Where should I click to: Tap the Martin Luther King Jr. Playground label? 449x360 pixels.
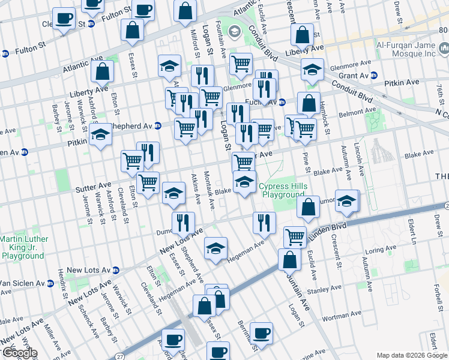point(22,247)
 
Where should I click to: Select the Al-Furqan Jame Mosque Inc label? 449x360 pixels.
point(413,49)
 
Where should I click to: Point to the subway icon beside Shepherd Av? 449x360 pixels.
point(157,126)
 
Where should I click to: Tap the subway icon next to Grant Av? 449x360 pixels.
point(373,76)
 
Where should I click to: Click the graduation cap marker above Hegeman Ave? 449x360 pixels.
point(215,248)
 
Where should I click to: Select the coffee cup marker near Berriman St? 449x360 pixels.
point(261,332)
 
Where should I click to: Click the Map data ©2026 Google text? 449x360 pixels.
point(412,355)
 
